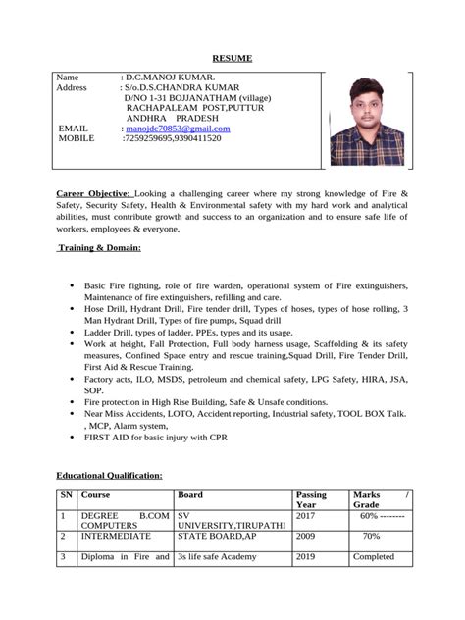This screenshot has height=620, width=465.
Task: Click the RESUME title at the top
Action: (x=232, y=59)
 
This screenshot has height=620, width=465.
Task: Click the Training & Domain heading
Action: (x=99, y=248)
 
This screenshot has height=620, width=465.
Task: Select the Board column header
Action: (x=190, y=494)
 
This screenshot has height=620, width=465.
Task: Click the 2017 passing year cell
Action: (x=306, y=515)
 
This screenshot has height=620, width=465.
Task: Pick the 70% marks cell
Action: (x=371, y=537)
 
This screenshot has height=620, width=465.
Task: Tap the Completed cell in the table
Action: (x=373, y=557)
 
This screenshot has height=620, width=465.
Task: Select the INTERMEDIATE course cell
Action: (x=116, y=537)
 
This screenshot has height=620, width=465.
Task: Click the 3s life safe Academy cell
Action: (x=217, y=557)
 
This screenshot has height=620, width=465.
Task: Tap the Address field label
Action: (x=73, y=87)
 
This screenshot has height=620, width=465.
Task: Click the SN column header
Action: (x=66, y=494)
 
